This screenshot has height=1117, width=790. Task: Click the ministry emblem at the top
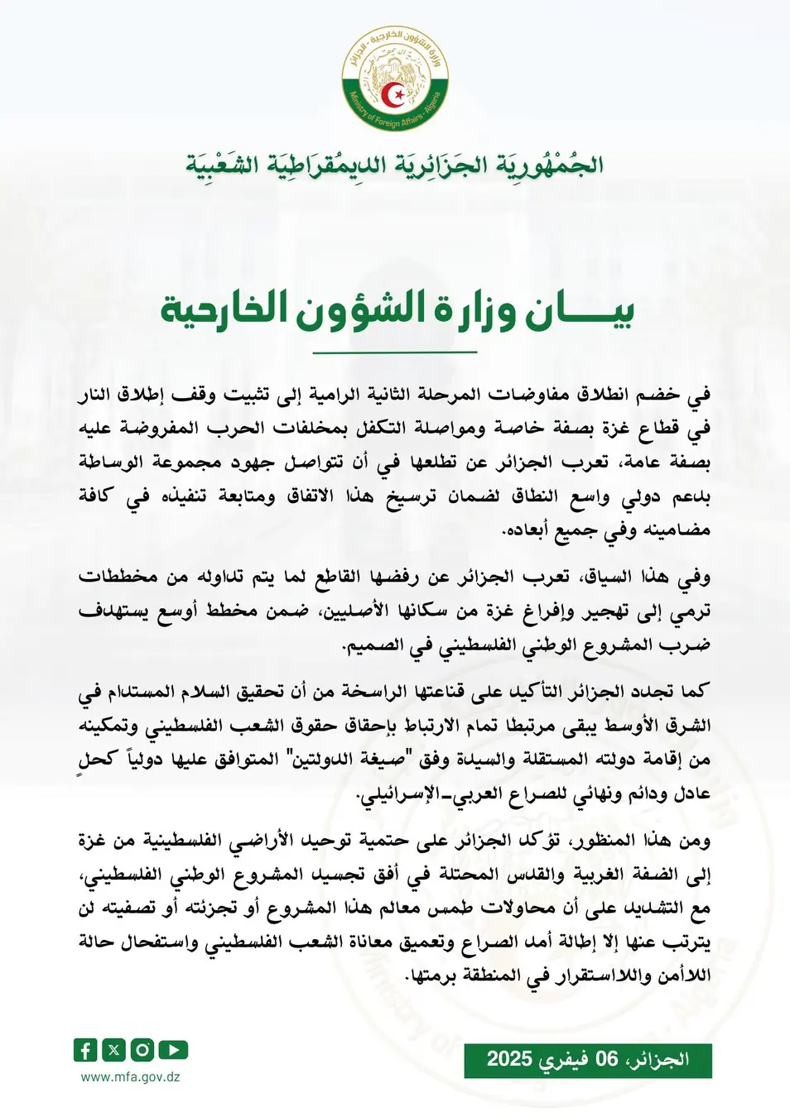395,78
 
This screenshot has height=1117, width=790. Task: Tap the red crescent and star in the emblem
397,96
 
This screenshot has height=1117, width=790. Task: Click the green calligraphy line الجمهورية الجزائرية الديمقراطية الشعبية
395,164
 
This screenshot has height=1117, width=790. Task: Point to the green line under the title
395,352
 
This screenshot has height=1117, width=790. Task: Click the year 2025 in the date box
509,1060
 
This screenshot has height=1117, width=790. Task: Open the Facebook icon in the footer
85,1050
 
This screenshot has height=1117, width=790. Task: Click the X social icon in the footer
114,1050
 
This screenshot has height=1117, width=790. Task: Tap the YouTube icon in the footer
173,1050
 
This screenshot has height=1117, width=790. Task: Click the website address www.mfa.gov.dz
130,1077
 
